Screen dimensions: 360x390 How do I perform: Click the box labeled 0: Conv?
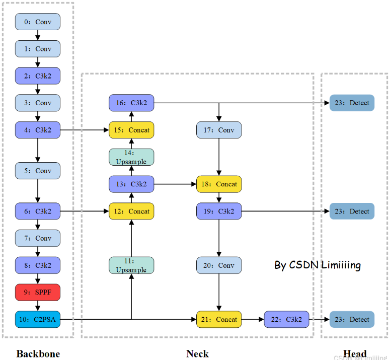tap(38, 22)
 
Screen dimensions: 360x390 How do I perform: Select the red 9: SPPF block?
tap(38, 292)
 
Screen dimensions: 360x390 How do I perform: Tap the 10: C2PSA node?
tap(38, 319)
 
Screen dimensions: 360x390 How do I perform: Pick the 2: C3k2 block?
tap(38, 76)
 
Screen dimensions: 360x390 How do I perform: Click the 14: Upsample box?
tap(131, 157)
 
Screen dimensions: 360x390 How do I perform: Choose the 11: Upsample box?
tap(131, 265)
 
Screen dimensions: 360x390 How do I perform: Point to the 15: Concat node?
tap(131, 130)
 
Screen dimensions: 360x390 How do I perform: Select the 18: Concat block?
tap(219, 184)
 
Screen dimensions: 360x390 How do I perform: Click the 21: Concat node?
tap(219, 319)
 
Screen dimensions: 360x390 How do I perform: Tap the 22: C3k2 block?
tap(286, 319)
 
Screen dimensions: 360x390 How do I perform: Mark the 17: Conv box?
tap(219, 130)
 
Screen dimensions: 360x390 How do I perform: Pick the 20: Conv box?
tap(219, 265)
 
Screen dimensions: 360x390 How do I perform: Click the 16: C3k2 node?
tap(131, 103)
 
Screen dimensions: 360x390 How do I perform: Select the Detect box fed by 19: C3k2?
tap(352, 211)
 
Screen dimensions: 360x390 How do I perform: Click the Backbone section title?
tap(38, 353)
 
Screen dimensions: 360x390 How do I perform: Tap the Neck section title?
tap(197, 353)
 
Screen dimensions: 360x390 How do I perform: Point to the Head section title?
tap(355, 353)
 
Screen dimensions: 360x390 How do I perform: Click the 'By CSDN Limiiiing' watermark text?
tap(318, 265)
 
